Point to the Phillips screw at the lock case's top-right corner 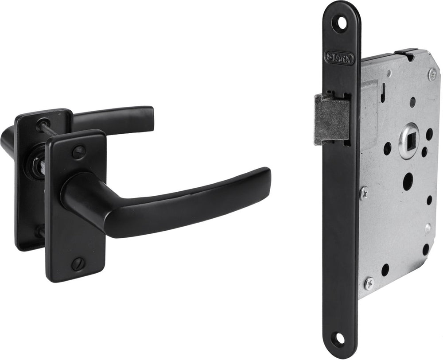point(432,74)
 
